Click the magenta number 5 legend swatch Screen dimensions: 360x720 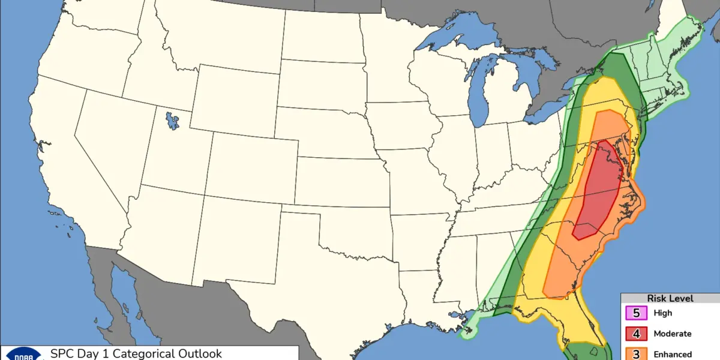point(636,313)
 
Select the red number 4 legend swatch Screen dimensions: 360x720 point(636,334)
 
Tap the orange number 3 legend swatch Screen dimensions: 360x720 point(636,353)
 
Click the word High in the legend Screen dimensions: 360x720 point(663,313)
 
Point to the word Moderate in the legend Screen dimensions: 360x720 point(673,334)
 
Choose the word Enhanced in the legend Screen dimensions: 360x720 point(673,354)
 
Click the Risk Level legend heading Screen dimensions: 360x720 point(670,298)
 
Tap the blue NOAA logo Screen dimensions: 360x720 point(24,355)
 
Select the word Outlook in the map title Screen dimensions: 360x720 point(202,353)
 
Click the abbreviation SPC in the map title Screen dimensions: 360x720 point(61,353)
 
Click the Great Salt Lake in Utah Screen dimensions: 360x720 point(173,120)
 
